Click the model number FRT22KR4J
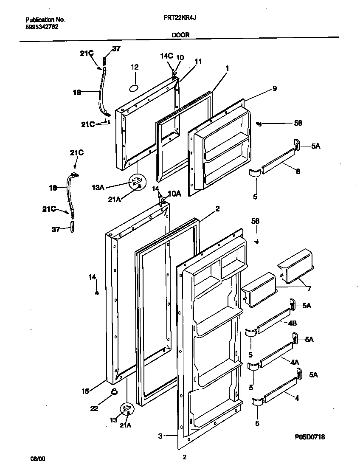(x=180, y=18)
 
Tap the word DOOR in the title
(x=180, y=36)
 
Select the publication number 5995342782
(x=42, y=26)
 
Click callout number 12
(x=135, y=67)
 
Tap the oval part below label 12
(x=133, y=87)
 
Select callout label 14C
(x=166, y=56)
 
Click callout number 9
(x=275, y=88)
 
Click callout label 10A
(x=174, y=194)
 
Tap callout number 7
(x=309, y=289)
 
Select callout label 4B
(x=292, y=324)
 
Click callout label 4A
(x=294, y=362)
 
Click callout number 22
(x=94, y=408)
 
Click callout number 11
(x=198, y=61)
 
